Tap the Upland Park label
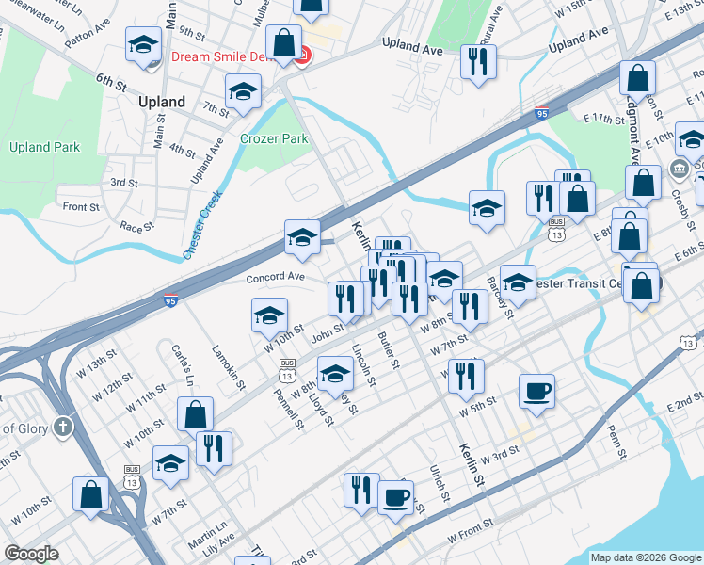click(44, 147)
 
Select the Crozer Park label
click(274, 138)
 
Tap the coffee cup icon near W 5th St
click(536, 390)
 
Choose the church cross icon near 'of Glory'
click(62, 426)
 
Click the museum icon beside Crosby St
click(678, 169)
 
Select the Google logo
click(31, 554)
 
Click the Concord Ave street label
click(276, 277)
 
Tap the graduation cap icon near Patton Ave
click(143, 47)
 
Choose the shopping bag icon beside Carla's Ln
click(195, 412)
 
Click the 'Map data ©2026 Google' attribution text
click(646, 557)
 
